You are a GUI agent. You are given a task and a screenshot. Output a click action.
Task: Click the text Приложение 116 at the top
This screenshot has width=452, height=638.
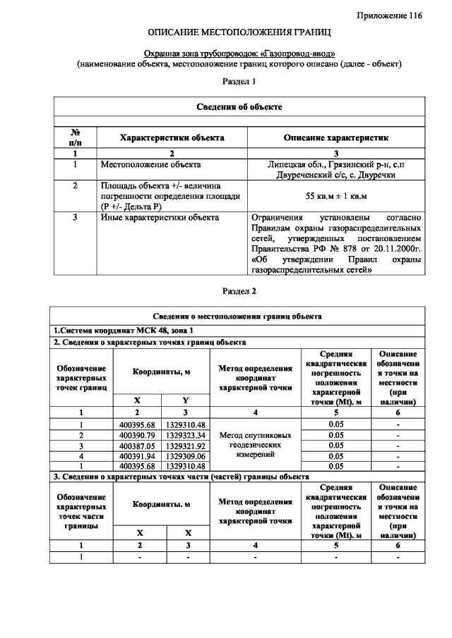[388, 15]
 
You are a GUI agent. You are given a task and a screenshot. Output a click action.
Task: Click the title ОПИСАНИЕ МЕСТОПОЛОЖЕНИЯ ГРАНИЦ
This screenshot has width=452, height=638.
[239, 33]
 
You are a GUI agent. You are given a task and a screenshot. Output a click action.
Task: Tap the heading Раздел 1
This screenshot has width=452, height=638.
[239, 82]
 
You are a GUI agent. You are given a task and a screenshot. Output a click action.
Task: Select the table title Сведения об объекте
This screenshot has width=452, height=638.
[239, 106]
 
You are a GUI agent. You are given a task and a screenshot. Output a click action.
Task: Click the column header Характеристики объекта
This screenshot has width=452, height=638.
[172, 137]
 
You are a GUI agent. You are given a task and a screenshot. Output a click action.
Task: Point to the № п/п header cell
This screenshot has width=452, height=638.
[75, 137]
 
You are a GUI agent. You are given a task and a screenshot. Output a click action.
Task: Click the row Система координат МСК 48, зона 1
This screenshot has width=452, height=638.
[123, 330]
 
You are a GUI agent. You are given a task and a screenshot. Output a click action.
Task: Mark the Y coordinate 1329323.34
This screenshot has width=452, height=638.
[186, 435]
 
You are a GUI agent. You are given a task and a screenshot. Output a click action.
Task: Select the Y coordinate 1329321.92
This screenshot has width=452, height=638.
[186, 446]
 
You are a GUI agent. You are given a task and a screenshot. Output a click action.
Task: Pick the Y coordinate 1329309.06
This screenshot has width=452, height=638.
[186, 456]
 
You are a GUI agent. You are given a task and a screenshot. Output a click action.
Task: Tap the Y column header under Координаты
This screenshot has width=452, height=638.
[186, 400]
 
